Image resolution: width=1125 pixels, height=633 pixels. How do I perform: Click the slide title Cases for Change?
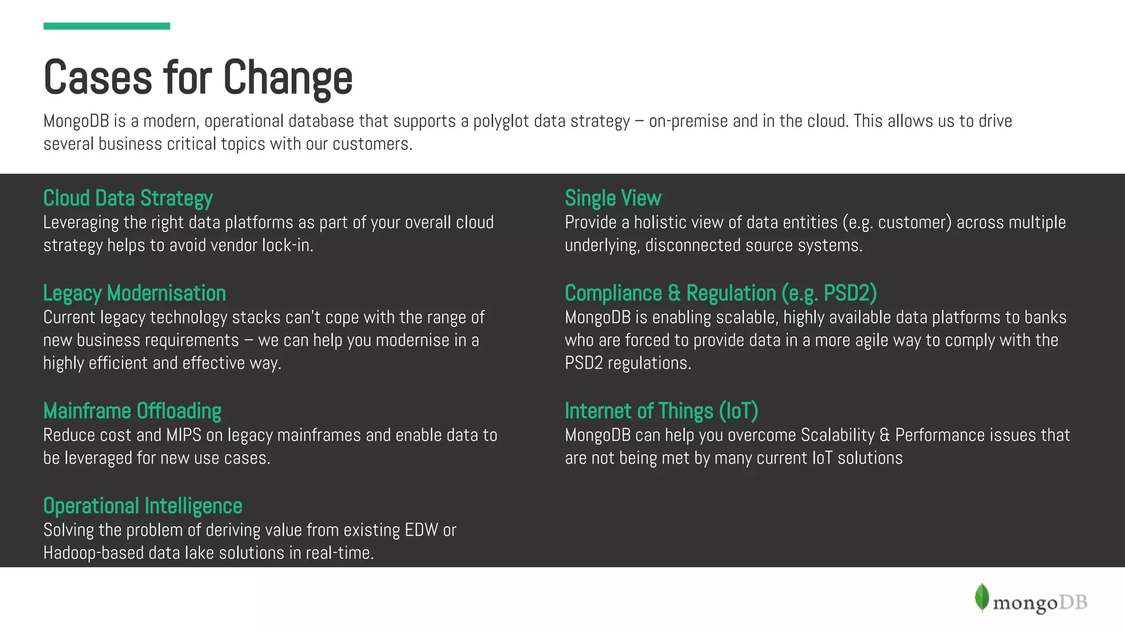click(198, 77)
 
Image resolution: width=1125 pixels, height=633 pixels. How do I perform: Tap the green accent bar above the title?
click(107, 26)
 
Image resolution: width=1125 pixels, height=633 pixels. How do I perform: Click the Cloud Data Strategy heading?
click(128, 198)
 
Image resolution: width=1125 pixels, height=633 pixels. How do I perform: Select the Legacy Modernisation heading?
click(135, 293)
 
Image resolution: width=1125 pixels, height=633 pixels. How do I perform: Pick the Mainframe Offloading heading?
click(132, 411)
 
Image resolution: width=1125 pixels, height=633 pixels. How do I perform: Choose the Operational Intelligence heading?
click(143, 506)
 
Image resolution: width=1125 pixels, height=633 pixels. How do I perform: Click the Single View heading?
click(613, 198)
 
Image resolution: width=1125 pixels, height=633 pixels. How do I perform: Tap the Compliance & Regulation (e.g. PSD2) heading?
click(721, 293)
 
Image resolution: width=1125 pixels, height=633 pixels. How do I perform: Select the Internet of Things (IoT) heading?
click(661, 411)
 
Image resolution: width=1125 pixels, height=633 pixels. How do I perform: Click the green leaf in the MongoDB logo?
click(982, 597)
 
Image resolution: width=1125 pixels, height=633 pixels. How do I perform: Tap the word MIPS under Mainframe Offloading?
click(183, 435)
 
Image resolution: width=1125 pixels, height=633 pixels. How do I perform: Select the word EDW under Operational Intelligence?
click(421, 530)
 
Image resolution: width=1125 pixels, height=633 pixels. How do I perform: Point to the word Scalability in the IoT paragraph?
click(838, 435)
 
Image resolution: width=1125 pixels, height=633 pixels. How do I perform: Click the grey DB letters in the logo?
click(1073, 603)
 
